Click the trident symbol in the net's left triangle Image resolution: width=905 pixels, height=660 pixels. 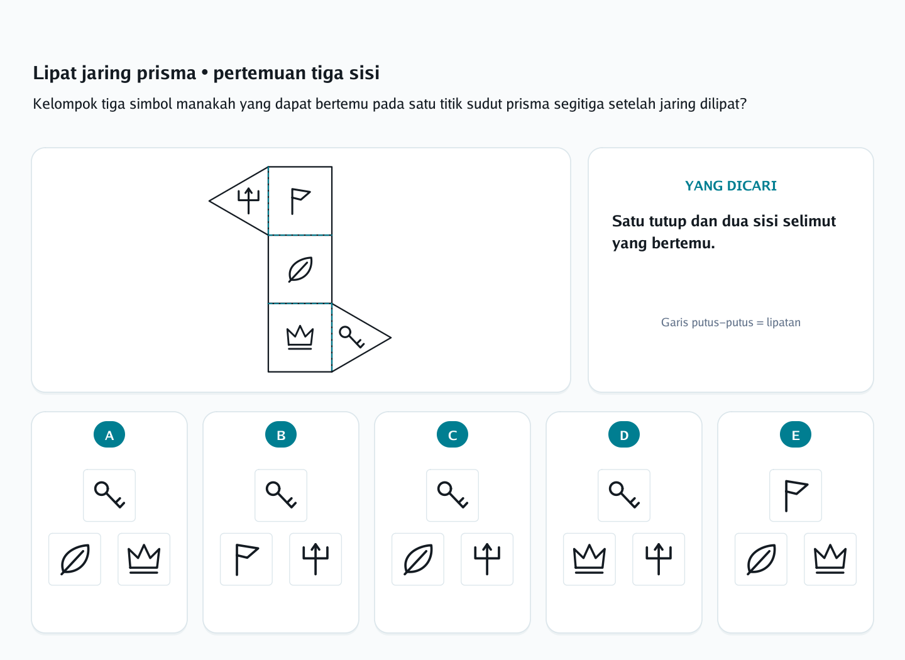pos(248,201)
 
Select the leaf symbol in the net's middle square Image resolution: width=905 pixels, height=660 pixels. pos(300,270)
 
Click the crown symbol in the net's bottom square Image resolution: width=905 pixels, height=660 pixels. pos(300,337)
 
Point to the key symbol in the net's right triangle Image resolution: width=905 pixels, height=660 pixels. pos(352,337)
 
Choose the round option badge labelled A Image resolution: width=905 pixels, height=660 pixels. pos(109,434)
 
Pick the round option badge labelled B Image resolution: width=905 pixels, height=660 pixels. pos(281,434)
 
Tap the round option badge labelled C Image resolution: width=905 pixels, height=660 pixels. pos(452,434)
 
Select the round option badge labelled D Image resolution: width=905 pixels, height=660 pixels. pos(624,434)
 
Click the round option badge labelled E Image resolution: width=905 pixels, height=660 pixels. pos(796,434)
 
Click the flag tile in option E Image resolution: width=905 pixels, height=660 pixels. pos(796,495)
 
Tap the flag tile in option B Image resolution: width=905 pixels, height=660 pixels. pos(246,559)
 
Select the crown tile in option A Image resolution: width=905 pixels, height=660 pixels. pos(144,559)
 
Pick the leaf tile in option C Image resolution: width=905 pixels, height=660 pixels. pos(418,559)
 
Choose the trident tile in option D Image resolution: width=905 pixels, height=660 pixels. pos(659,559)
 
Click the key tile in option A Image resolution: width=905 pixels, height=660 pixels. pos(109,495)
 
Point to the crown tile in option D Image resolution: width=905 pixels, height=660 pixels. pos(590,559)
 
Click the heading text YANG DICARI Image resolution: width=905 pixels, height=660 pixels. pos(731,186)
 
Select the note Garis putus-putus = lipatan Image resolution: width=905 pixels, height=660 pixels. pos(731,322)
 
